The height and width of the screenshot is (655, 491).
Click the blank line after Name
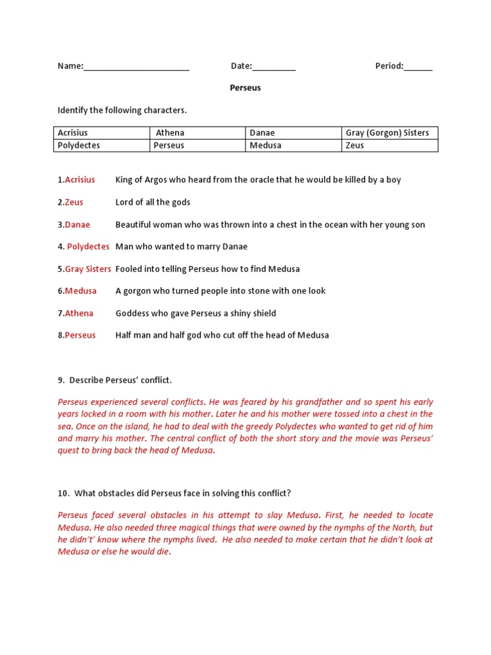(x=136, y=67)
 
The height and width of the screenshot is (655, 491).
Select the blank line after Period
(x=418, y=67)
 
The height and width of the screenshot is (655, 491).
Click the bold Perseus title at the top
(x=245, y=88)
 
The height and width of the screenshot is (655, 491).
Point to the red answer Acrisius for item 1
(x=80, y=180)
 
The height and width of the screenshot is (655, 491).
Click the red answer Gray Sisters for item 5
(x=88, y=269)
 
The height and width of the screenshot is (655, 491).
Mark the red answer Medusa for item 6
(x=81, y=291)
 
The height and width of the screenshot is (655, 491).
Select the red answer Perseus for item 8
(x=80, y=335)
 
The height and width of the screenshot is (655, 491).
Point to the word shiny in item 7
(x=240, y=313)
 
